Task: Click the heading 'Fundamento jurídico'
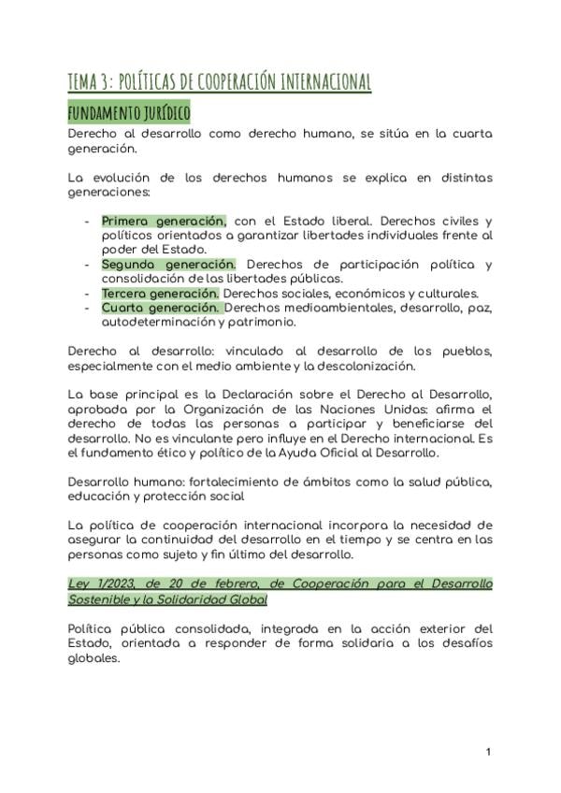[129, 113]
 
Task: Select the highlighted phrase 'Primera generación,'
[164, 221]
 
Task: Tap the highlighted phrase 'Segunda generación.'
[168, 265]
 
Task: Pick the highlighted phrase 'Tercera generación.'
[160, 293]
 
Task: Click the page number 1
[488, 752]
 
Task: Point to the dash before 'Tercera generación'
[87, 294]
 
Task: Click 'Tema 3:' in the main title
[89, 81]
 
